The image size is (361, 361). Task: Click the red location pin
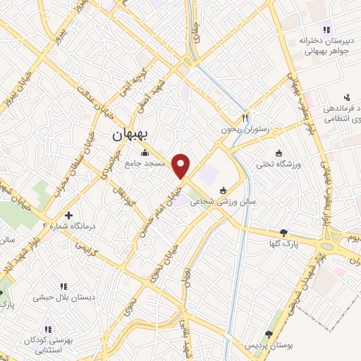(x=181, y=166)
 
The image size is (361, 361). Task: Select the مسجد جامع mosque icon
(x=145, y=153)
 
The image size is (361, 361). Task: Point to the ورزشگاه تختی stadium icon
(x=279, y=154)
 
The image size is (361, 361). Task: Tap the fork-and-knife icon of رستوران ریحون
(x=245, y=118)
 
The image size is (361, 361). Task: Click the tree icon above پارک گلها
(x=283, y=233)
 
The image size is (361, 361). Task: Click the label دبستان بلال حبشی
(x=63, y=298)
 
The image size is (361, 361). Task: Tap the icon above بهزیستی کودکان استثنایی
(x=48, y=329)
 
